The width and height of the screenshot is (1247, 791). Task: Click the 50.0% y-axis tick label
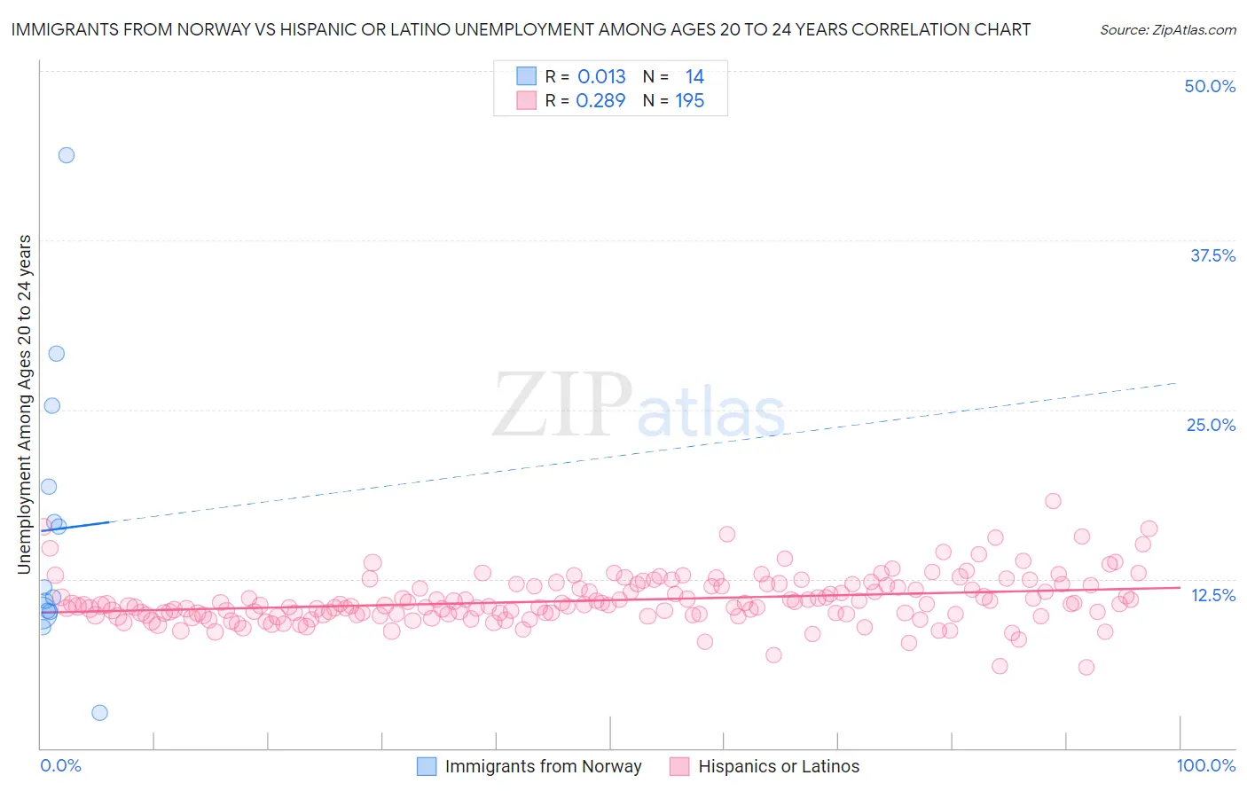tap(1210, 86)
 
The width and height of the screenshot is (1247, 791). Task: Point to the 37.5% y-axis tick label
tap(1212, 255)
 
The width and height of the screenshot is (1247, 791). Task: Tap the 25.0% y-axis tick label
tap(1211, 425)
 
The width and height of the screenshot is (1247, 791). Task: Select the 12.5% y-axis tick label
tap(1212, 595)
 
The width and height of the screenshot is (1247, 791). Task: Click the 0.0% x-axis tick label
tap(60, 765)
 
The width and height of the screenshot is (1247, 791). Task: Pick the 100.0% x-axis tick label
tap(1205, 765)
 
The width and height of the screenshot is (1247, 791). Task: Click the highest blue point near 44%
tap(67, 155)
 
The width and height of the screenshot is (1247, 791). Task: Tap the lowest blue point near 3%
tap(100, 713)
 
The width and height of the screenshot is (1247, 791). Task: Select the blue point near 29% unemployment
tap(57, 354)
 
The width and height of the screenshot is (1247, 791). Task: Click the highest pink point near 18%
tap(1053, 501)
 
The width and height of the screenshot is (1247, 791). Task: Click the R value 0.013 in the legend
tap(601, 77)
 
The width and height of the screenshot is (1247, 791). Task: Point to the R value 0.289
tap(600, 101)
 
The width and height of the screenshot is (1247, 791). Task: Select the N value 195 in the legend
tap(689, 101)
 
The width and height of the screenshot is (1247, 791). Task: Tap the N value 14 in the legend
tap(694, 77)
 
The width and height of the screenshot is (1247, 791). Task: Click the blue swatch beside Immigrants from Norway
tap(427, 766)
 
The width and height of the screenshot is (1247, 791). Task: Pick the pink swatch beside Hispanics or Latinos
tap(679, 766)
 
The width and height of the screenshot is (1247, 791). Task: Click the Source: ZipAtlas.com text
tap(1167, 29)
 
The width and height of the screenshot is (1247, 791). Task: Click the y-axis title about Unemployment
tap(24, 404)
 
